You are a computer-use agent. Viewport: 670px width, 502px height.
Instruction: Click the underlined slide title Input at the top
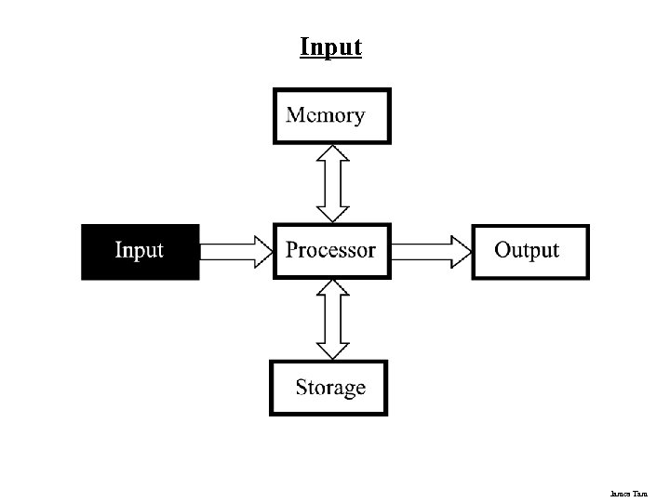[330, 46]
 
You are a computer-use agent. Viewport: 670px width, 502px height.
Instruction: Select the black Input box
[140, 251]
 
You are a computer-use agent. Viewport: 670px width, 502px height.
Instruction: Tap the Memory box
[331, 116]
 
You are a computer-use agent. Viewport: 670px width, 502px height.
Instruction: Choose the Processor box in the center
[330, 251]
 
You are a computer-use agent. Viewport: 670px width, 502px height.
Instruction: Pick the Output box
[529, 251]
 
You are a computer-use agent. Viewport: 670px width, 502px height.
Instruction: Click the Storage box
[328, 388]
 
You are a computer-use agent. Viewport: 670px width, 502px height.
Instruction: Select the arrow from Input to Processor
[235, 251]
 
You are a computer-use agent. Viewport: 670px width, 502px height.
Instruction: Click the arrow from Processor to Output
[431, 251]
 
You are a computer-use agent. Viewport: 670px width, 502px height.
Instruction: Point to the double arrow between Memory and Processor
[332, 183]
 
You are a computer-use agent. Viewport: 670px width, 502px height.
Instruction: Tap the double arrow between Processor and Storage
[332, 319]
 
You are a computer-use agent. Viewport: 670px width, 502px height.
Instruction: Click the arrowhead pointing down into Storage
[332, 350]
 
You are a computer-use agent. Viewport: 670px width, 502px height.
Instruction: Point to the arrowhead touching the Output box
[461, 251]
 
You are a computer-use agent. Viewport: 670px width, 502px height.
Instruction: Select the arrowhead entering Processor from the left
[260, 251]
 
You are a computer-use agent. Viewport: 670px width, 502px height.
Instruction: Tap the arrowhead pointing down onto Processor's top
[332, 213]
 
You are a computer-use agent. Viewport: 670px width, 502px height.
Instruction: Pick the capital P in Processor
[292, 250]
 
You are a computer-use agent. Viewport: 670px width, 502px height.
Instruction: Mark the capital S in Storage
[302, 387]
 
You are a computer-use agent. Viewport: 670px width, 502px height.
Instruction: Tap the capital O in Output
[503, 250]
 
